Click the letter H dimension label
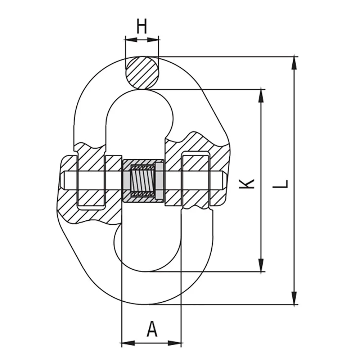click(142, 27)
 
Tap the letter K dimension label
click(247, 183)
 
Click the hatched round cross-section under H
click(142, 73)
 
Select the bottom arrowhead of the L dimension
click(294, 298)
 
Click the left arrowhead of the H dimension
click(130, 39)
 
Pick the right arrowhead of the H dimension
click(154, 39)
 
